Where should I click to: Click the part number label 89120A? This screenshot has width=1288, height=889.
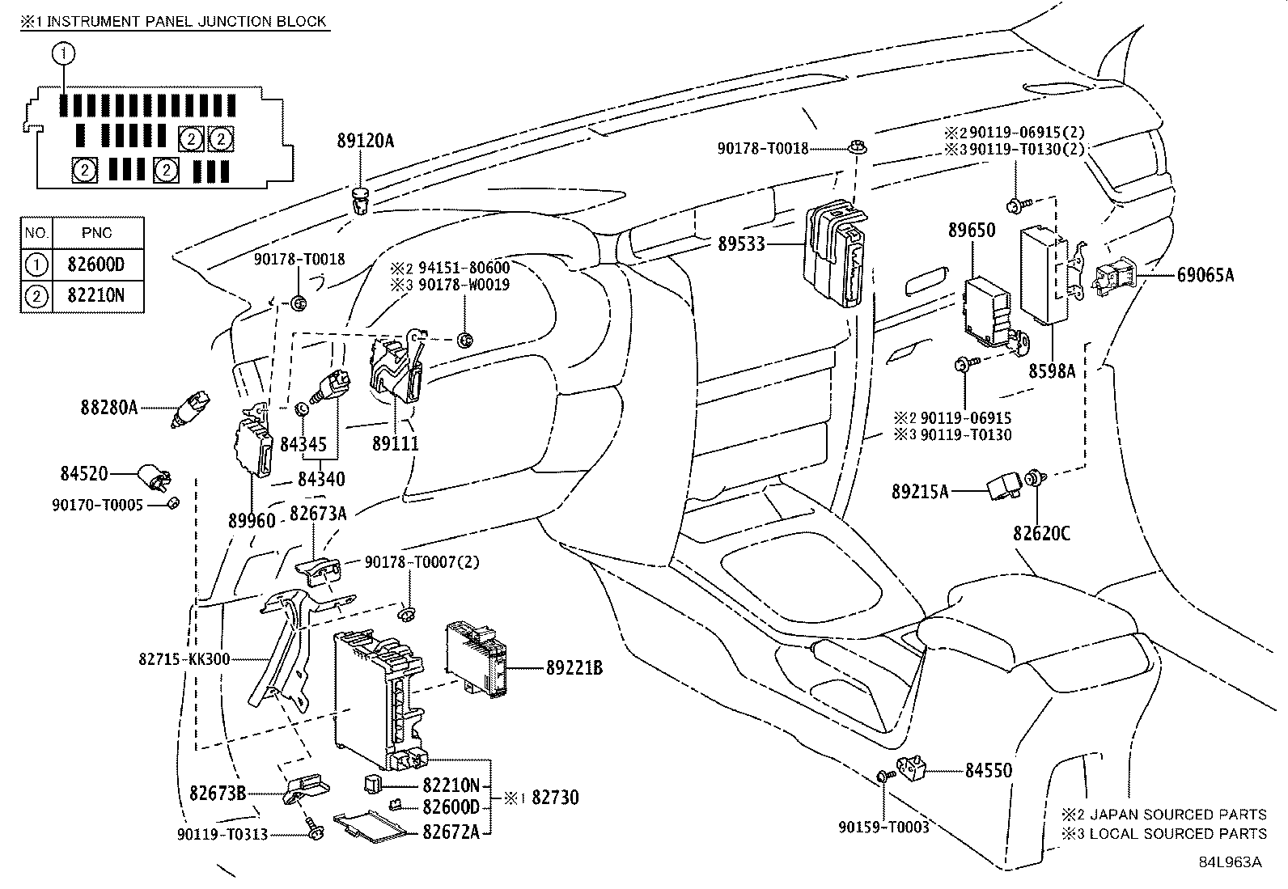(365, 141)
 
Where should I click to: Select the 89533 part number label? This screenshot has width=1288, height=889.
(741, 243)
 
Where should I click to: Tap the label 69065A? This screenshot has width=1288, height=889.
(1201, 275)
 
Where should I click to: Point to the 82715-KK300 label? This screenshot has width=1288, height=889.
(184, 659)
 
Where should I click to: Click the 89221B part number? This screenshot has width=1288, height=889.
(574, 667)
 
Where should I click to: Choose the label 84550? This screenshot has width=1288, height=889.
(988, 771)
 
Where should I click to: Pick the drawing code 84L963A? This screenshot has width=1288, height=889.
(1230, 862)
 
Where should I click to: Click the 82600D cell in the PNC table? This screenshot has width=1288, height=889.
(98, 265)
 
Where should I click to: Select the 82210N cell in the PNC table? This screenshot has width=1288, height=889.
(98, 296)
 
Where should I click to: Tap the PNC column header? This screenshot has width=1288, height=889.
(97, 233)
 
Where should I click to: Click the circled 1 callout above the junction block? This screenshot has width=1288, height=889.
(63, 54)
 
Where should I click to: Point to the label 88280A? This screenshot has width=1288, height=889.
(109, 408)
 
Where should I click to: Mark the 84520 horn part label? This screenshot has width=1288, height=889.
(84, 473)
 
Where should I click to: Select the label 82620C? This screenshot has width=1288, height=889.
(1041, 534)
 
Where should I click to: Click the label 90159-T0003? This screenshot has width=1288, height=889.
(883, 827)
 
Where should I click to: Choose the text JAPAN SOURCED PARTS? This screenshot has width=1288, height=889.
(1178, 815)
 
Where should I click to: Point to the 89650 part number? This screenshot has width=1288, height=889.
(972, 231)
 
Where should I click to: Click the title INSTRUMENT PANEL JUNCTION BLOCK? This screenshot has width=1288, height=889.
(187, 21)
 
